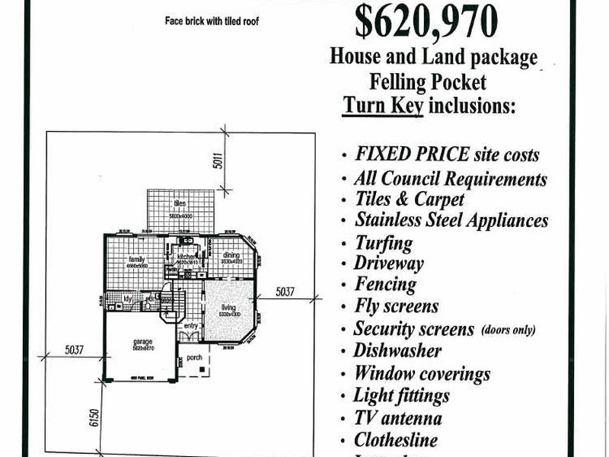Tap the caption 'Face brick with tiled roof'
(x=212, y=21)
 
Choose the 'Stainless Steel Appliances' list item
(x=451, y=220)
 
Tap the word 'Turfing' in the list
(x=383, y=243)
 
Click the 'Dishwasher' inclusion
(x=397, y=351)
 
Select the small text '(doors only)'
(x=508, y=330)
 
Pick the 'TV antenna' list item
(x=397, y=418)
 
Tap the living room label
(x=227, y=306)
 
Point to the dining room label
(x=231, y=254)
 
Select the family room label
(x=137, y=260)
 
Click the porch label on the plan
(x=193, y=356)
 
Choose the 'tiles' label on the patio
(x=180, y=203)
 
